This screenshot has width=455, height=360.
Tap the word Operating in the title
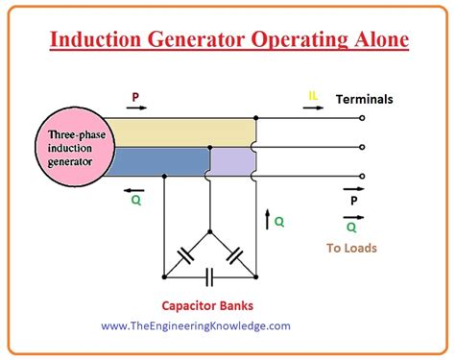point(275,40)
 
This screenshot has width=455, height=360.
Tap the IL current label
point(313,96)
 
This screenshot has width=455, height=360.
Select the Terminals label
point(364,99)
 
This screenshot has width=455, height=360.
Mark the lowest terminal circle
point(361,177)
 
